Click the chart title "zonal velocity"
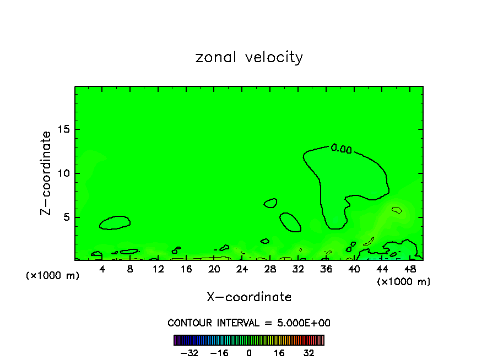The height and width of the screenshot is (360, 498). click(249, 57)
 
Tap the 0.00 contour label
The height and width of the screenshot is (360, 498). click(341, 148)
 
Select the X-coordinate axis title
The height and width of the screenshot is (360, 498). click(249, 297)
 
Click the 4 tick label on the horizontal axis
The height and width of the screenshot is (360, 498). click(102, 269)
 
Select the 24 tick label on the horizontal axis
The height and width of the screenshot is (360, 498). click(242, 269)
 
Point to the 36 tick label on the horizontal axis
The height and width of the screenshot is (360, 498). click(326, 269)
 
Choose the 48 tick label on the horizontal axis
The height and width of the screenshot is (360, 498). click(409, 269)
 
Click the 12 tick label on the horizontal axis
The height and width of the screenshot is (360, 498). click(158, 269)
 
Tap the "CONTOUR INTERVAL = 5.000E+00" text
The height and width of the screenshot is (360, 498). click(249, 323)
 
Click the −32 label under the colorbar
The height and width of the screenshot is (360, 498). click(189, 353)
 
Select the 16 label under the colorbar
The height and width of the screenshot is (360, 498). click(279, 353)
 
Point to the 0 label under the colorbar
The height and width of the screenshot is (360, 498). click(249, 353)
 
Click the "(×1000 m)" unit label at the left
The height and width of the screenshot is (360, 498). click(53, 276)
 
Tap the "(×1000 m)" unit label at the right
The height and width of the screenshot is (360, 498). click(404, 282)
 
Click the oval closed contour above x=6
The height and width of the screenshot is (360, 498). click(115, 222)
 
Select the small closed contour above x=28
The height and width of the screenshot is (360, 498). click(270, 203)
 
